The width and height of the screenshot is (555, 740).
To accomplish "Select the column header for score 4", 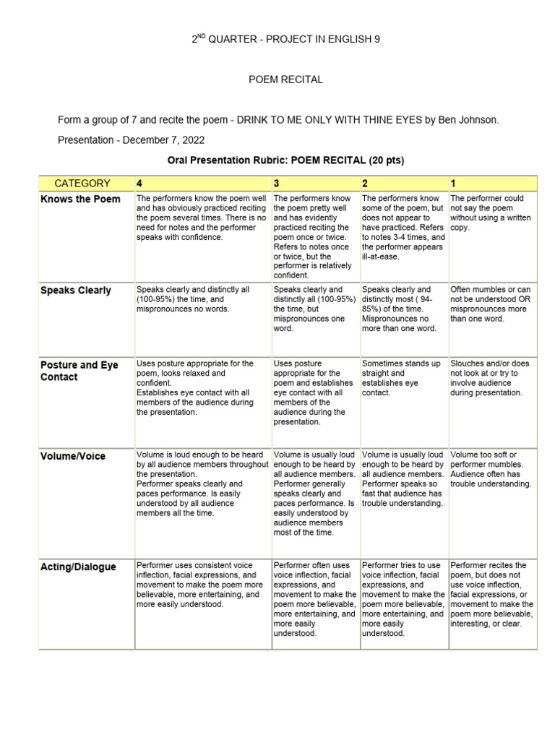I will [139, 184].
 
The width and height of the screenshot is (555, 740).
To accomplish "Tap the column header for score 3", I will [277, 184].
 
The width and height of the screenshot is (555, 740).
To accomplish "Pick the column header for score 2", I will [365, 184].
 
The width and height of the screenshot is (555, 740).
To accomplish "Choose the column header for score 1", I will [453, 184].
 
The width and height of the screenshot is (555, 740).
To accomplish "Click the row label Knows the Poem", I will [80, 199].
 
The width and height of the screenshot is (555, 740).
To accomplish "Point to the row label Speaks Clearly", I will [76, 291].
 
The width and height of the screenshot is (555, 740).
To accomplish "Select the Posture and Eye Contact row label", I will [79, 371].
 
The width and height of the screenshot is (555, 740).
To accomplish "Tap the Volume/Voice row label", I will [73, 456].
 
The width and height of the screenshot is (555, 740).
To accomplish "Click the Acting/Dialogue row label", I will [78, 567].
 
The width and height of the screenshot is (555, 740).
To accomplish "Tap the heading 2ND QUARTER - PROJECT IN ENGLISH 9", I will [285, 40].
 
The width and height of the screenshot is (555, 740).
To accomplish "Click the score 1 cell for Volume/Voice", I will [491, 469].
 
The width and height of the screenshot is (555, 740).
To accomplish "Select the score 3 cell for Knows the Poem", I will [314, 236].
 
